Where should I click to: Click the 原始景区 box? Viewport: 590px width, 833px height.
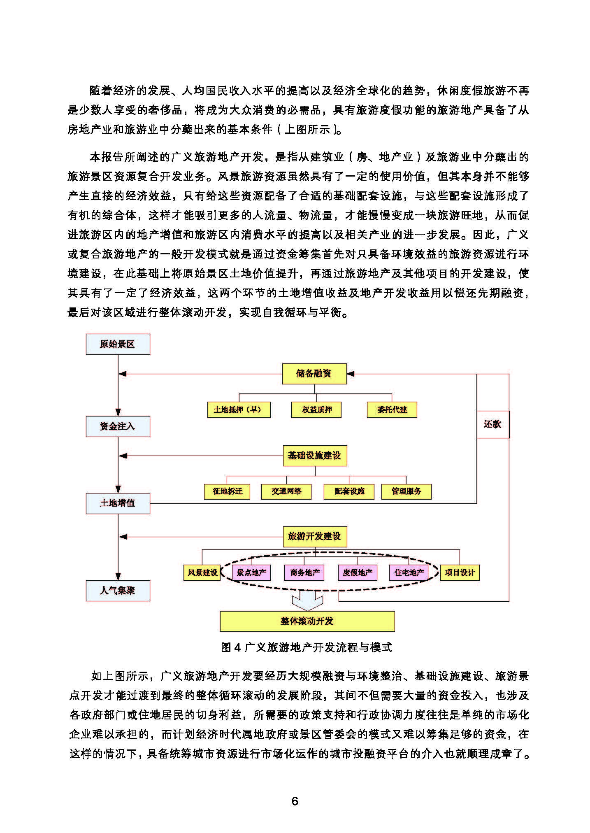[118, 344]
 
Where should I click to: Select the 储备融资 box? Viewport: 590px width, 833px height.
[314, 374]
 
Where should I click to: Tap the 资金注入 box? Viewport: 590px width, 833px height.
[118, 426]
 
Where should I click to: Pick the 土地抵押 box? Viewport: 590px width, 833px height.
[239, 410]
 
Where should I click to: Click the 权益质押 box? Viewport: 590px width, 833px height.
[316, 410]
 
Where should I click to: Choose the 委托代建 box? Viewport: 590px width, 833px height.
[392, 410]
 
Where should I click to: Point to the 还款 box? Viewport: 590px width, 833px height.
[492, 424]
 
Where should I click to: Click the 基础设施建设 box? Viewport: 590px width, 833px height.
[315, 456]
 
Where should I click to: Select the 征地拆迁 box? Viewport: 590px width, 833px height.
[227, 491]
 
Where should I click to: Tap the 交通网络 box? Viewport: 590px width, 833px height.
[286, 491]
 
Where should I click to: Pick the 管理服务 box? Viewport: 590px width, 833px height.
[406, 491]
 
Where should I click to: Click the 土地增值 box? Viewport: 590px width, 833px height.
[118, 503]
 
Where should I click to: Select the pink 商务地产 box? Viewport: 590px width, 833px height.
[304, 572]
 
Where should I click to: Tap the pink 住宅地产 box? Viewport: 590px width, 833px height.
[409, 572]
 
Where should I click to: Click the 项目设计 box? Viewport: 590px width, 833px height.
[460, 572]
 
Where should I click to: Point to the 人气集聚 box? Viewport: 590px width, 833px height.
[118, 591]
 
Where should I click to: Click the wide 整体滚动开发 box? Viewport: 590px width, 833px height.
[307, 621]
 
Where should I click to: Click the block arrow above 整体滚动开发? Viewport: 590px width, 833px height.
[307, 601]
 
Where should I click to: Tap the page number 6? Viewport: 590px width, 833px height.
[295, 801]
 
